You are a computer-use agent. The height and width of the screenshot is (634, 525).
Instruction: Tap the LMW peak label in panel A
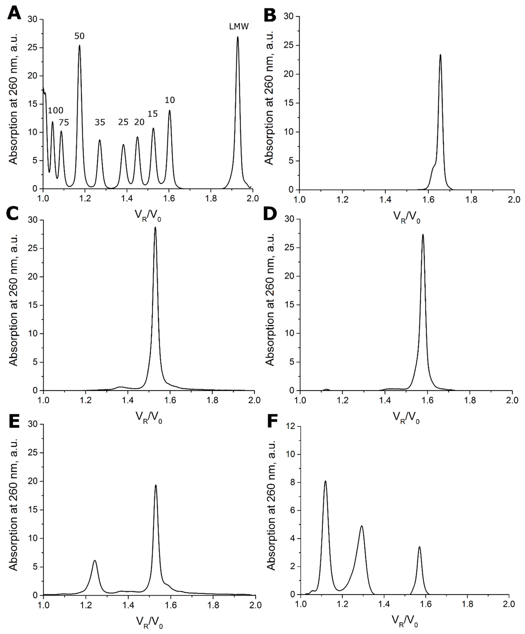pyautogui.click(x=239, y=27)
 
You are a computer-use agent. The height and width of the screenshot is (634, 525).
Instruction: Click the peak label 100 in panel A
pyautogui.click(x=56, y=110)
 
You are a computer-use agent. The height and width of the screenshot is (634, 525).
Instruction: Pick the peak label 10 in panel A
pyautogui.click(x=170, y=100)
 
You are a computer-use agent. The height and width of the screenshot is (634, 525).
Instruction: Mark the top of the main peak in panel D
pyautogui.click(x=423, y=235)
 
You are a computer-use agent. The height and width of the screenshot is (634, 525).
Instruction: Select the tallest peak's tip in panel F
pyautogui.click(x=325, y=481)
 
